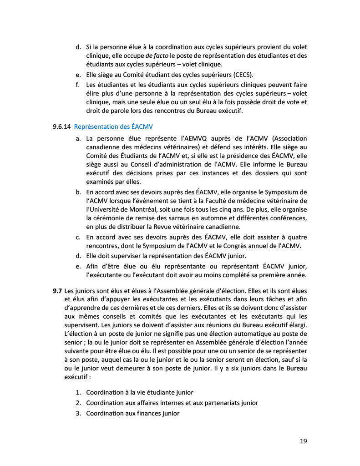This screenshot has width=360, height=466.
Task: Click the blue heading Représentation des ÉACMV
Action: pyautogui.click(x=117, y=126)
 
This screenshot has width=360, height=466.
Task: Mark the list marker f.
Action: pyautogui.click(x=77, y=85)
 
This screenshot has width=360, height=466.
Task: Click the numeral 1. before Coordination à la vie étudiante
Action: pyautogui.click(x=78, y=392)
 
